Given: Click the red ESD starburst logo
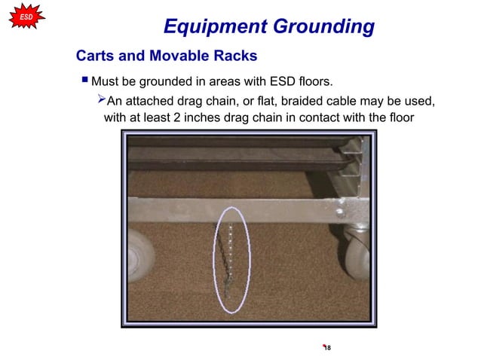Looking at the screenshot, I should click(26, 16).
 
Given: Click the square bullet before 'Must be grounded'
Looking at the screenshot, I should click(84, 79).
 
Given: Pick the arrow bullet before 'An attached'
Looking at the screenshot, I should click(101, 100).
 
